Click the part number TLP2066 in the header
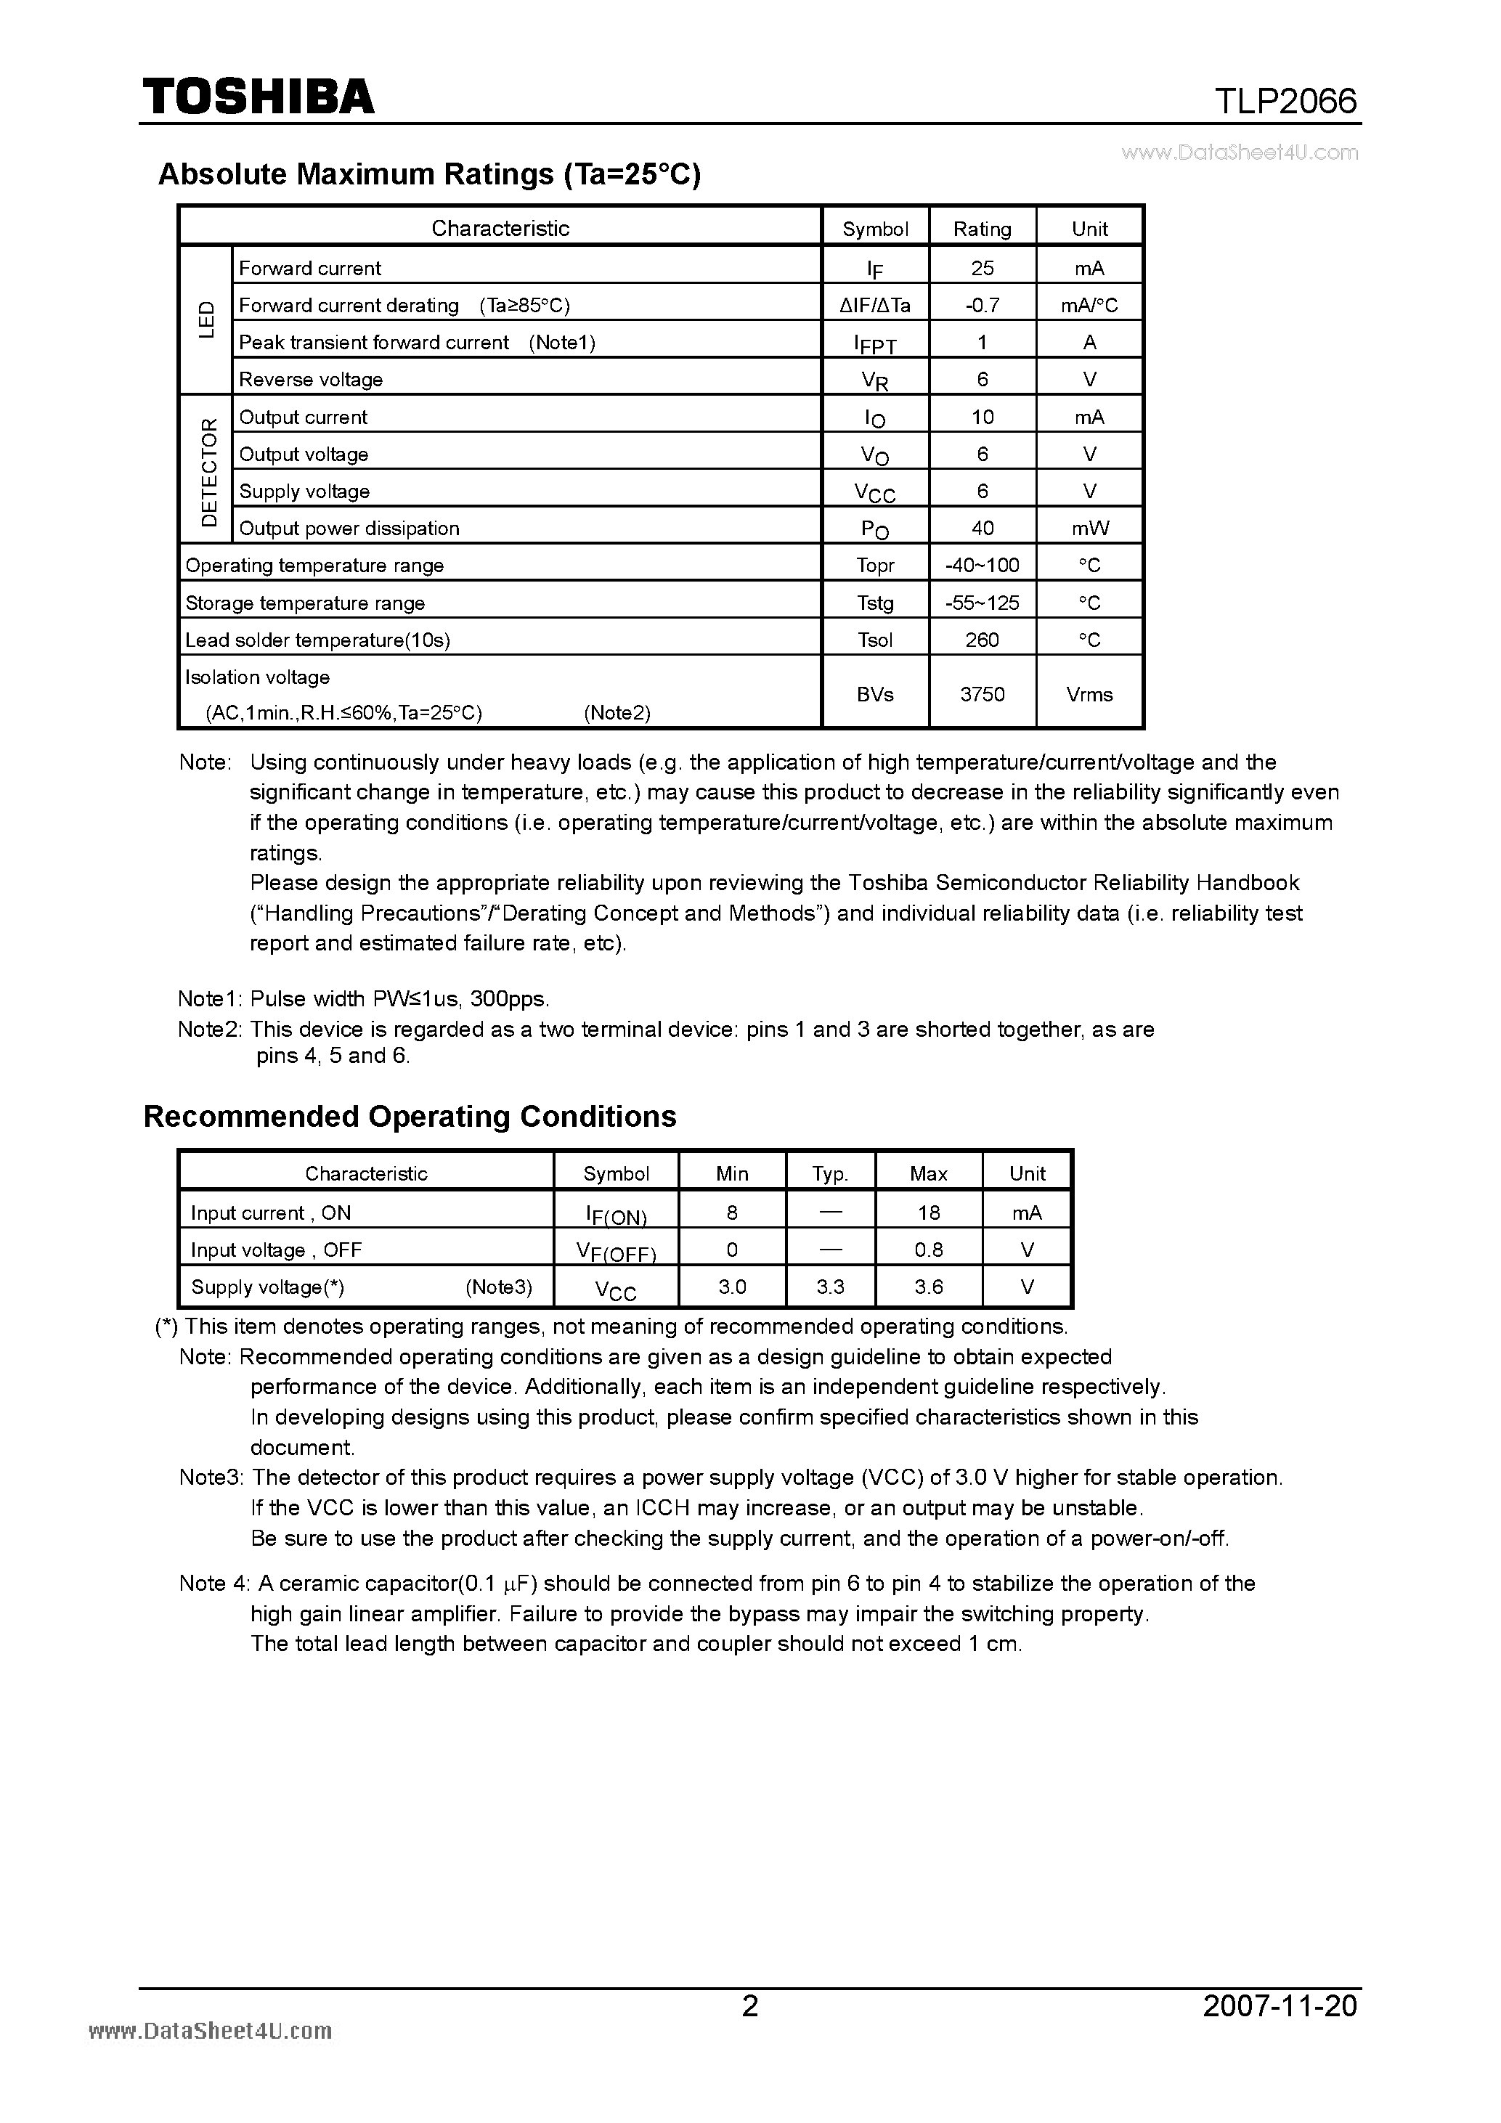[x=1285, y=101]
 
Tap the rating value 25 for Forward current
[x=983, y=268]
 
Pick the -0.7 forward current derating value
[x=983, y=305]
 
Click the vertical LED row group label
[x=206, y=320]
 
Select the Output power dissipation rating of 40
[x=983, y=528]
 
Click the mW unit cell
[x=1089, y=528]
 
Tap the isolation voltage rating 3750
[x=983, y=694]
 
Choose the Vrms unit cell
[x=1089, y=694]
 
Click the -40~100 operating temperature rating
[x=983, y=565]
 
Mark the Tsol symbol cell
[x=875, y=640]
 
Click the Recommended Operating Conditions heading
[x=410, y=1116]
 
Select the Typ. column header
[x=829, y=1173]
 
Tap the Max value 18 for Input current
[x=929, y=1213]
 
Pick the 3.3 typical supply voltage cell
[x=829, y=1286]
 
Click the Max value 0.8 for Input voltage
[x=929, y=1250]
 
